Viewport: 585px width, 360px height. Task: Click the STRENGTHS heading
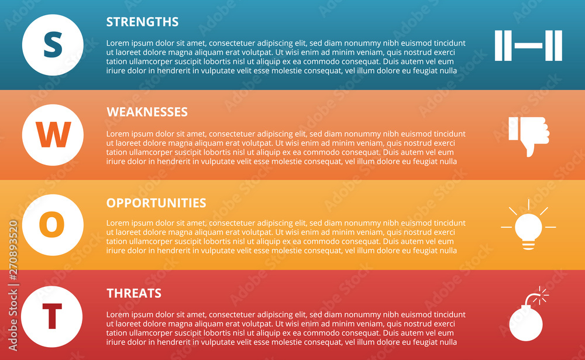point(142,22)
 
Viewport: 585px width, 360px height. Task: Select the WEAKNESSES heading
point(147,112)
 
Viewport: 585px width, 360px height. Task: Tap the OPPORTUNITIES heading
point(156,203)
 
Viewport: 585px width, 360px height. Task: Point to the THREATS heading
point(133,293)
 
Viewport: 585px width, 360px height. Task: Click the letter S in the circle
point(53,45)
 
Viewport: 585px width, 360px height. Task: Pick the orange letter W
point(53,135)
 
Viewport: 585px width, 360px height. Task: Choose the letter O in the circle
point(52,225)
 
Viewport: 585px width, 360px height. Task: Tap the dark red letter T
point(52,316)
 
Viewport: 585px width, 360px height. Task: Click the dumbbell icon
point(528,46)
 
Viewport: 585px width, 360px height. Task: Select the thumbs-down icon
point(529,135)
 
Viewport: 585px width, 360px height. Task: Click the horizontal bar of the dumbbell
point(528,46)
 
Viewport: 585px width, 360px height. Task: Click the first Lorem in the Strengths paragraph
point(118,43)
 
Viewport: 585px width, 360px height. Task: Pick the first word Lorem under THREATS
point(118,315)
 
